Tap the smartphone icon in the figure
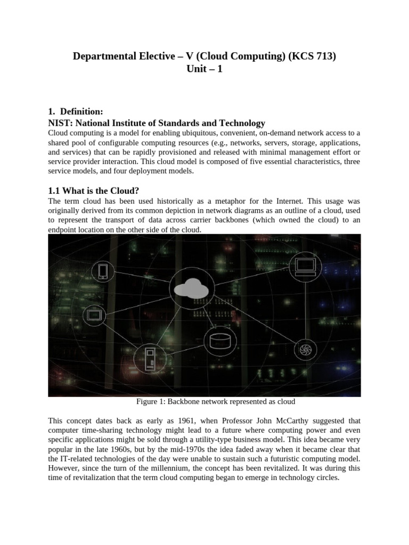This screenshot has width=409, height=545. [103, 271]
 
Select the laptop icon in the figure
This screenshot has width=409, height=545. [306, 265]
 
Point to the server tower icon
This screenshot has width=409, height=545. [150, 359]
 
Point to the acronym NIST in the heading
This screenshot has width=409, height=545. [60, 123]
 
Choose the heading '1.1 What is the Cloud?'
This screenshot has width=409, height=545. [93, 191]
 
